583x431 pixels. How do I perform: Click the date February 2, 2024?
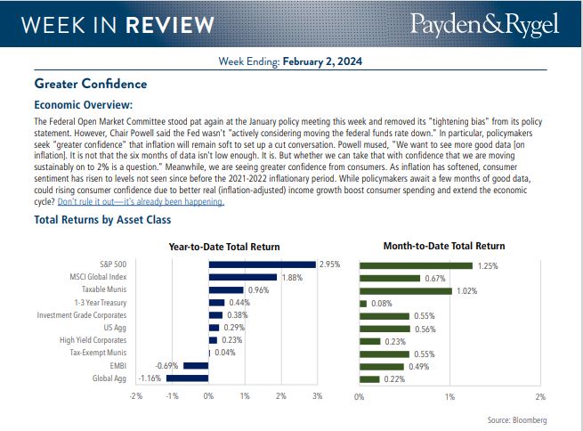324,61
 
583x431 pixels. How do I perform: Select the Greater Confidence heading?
90,84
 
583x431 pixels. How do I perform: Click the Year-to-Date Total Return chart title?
223,246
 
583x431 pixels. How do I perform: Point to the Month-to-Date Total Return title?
443,246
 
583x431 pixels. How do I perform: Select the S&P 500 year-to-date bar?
262,264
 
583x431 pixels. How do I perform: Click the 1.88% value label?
291,277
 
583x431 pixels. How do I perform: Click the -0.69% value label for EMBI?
167,365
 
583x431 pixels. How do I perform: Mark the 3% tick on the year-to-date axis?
317,394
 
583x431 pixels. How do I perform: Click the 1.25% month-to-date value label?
487,265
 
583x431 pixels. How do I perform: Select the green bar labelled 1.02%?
405,290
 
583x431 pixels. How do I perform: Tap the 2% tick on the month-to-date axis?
540,395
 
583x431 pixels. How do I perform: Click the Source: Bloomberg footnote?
517,419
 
